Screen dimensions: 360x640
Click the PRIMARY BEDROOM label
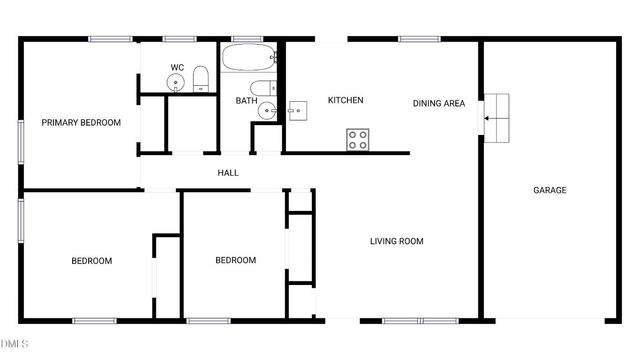(x=81, y=123)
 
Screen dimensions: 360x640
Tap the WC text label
(x=177, y=68)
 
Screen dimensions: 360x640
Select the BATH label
(x=247, y=101)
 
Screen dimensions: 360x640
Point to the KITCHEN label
(x=345, y=100)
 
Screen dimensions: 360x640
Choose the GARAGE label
(x=549, y=190)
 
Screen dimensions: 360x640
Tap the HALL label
(x=228, y=173)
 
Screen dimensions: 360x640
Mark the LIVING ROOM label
(x=397, y=241)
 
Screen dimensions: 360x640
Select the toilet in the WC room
(x=200, y=78)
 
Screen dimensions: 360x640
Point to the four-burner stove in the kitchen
(x=358, y=139)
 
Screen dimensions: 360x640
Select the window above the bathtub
(x=246, y=39)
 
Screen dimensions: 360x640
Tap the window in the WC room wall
(x=178, y=39)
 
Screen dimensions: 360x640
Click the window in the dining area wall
(x=413, y=39)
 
